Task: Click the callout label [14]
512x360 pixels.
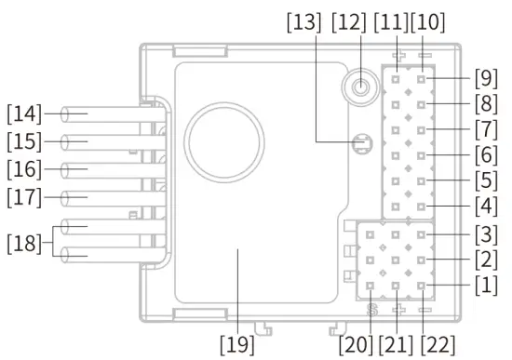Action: click(24, 114)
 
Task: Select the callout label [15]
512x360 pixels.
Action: click(24, 142)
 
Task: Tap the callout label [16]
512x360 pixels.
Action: click(24, 170)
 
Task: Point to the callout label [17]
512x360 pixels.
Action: click(24, 198)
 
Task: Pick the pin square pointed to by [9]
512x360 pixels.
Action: click(422, 80)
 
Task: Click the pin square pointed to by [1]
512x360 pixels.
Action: click(422, 286)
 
